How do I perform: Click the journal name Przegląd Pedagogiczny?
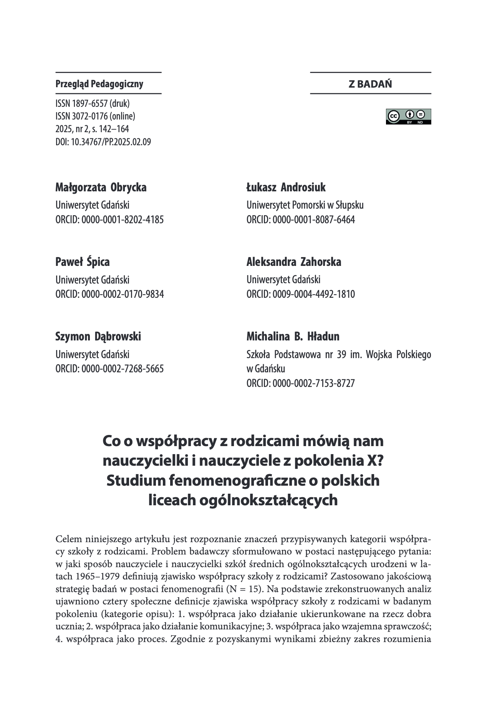(x=99, y=84)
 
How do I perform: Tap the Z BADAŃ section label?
(x=370, y=84)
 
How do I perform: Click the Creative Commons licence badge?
(x=408, y=116)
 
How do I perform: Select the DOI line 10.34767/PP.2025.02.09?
(x=103, y=142)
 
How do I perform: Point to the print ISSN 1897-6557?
(x=93, y=103)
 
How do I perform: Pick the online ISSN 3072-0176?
(x=95, y=116)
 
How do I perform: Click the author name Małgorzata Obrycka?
(x=101, y=188)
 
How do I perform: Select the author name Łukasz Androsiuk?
(x=286, y=188)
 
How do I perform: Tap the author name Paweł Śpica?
(x=83, y=262)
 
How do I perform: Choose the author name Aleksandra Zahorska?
(x=294, y=262)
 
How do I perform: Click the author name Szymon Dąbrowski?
(x=98, y=337)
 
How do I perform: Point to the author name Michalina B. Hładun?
(x=293, y=337)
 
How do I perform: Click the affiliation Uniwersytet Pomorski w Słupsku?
(x=305, y=205)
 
